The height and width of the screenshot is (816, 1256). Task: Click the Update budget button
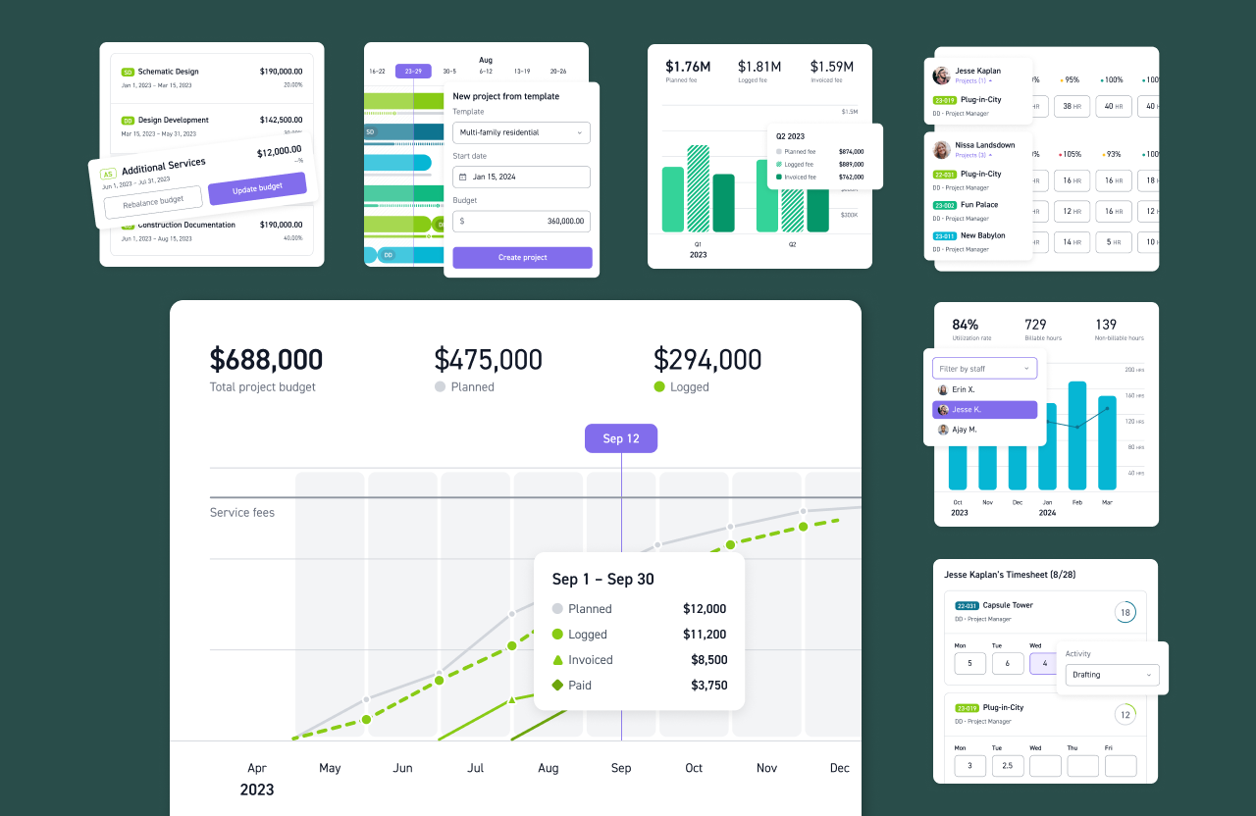(x=257, y=187)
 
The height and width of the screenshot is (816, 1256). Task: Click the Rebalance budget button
(x=153, y=200)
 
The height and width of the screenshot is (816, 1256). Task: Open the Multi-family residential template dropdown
(x=521, y=132)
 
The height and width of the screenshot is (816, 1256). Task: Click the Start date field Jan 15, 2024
(x=521, y=177)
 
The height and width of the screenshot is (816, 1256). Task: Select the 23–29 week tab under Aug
(x=413, y=71)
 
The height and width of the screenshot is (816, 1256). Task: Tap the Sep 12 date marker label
(x=621, y=438)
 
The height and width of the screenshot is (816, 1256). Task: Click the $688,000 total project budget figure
(x=266, y=360)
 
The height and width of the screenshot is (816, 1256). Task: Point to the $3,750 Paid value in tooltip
(x=708, y=686)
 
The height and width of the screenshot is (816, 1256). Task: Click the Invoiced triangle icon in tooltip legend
(x=557, y=660)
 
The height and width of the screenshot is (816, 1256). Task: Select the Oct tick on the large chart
(x=694, y=768)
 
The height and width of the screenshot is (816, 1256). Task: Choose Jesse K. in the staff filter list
(x=984, y=410)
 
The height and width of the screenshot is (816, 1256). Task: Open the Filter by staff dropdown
(x=984, y=369)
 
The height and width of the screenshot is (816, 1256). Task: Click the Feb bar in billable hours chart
(x=1077, y=435)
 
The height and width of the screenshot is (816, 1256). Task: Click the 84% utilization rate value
(x=965, y=325)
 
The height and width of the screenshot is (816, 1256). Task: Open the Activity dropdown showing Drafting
(x=1112, y=675)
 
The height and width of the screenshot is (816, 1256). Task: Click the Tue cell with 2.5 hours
(x=1008, y=766)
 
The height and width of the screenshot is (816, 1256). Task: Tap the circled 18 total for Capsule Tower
(x=1125, y=613)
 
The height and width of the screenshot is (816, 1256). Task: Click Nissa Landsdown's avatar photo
(x=941, y=150)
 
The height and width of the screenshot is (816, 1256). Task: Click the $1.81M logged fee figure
(x=759, y=67)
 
